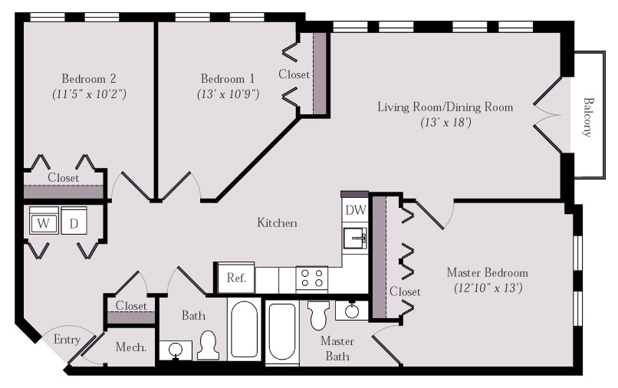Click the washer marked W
click(44, 221)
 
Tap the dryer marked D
click(74, 221)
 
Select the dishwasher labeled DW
click(355, 210)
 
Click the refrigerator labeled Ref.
click(236, 278)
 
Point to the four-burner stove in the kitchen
click(312, 278)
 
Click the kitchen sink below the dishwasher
click(355, 238)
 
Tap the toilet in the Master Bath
click(319, 315)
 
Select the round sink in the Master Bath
click(352, 311)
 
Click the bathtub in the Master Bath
click(282, 331)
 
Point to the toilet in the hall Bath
click(208, 345)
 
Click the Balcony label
click(588, 117)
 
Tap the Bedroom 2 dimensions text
click(89, 94)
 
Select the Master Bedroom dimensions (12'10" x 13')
click(488, 288)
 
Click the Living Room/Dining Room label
click(445, 107)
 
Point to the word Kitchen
click(277, 223)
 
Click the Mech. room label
click(131, 347)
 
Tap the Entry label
click(67, 340)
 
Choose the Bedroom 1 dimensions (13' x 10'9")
click(228, 94)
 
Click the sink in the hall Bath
click(176, 350)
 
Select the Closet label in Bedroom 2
click(63, 178)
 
